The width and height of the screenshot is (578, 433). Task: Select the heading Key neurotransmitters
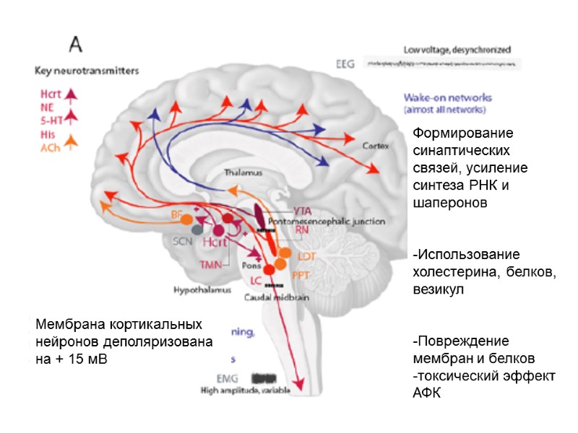click(x=87, y=71)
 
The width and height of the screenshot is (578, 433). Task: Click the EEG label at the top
click(x=346, y=64)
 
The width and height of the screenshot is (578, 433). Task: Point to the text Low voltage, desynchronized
click(x=457, y=51)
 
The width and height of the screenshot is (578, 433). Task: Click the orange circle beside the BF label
click(x=186, y=218)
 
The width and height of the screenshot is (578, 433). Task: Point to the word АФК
click(x=426, y=392)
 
